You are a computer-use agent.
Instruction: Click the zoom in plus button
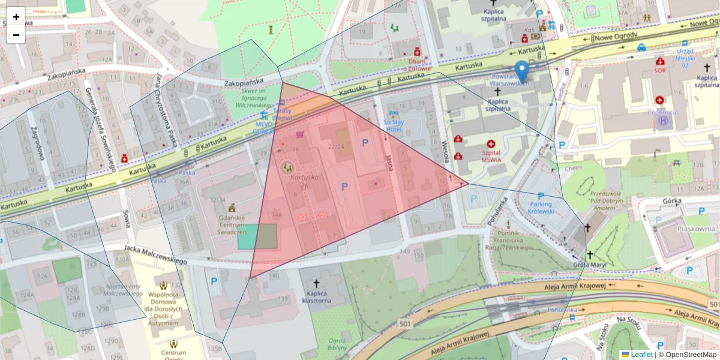16,17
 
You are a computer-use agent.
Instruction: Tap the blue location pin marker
523,71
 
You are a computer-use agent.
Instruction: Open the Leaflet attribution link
641,355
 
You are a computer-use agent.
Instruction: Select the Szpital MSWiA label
491,152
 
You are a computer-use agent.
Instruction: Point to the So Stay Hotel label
394,125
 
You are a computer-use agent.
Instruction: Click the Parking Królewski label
539,208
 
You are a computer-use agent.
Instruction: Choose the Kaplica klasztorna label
317,296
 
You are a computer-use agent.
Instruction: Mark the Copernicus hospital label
664,111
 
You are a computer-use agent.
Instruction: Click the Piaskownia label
695,229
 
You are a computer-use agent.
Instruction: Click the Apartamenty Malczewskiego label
122,290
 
